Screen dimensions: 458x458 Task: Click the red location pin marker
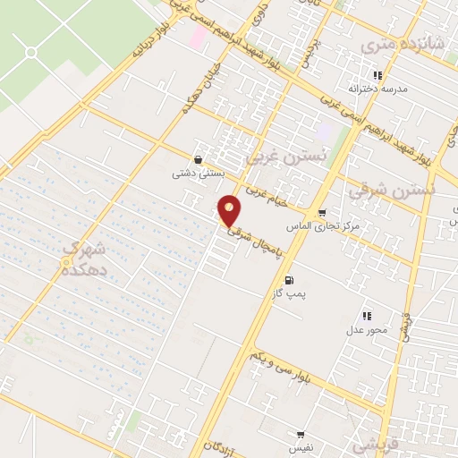[231, 210]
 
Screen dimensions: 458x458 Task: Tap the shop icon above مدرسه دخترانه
[378, 76]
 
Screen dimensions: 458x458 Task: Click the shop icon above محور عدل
[366, 316]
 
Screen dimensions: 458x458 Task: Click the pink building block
[197, 37]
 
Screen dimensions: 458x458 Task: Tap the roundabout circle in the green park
[32, 52]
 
